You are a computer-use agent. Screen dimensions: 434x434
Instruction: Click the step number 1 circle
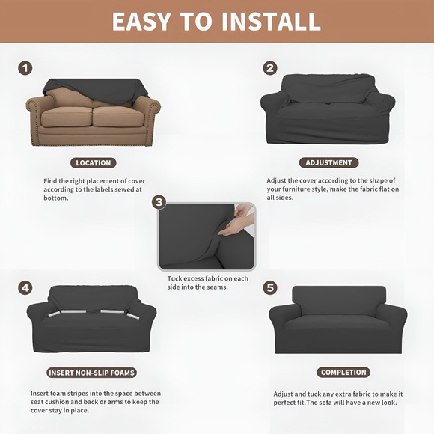click(x=25, y=68)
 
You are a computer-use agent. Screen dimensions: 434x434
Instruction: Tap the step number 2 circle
click(x=270, y=68)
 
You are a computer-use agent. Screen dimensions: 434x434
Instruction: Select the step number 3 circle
click(x=159, y=203)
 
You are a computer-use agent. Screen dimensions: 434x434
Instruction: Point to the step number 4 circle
click(x=25, y=287)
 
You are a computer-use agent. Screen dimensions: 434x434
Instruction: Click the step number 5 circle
click(x=270, y=287)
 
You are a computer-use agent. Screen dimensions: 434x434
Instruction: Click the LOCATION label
click(x=94, y=162)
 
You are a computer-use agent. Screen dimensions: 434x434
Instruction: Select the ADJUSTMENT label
click(x=328, y=162)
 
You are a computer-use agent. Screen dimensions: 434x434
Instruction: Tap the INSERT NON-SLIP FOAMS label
click(x=92, y=372)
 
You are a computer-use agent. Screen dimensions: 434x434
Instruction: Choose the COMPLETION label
click(x=343, y=372)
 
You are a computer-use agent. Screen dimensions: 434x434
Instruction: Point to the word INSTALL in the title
click(x=273, y=22)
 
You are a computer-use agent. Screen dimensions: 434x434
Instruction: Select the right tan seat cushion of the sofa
click(x=119, y=116)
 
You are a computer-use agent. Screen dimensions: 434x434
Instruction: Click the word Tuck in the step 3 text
click(x=174, y=278)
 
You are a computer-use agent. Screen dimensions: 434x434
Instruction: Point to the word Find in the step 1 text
click(x=50, y=181)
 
